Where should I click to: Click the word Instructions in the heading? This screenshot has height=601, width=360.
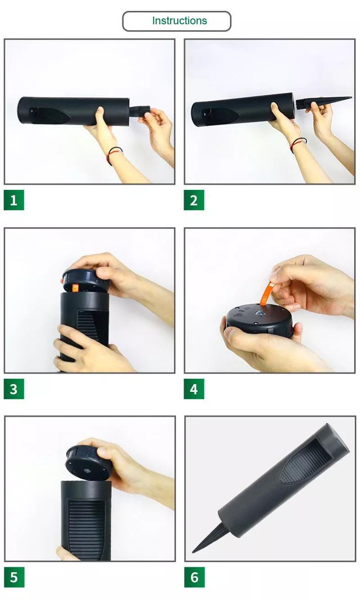179,21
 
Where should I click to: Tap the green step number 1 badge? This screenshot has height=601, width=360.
13,200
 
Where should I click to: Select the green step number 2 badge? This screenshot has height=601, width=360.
193,200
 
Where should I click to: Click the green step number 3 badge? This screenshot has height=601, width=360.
13,389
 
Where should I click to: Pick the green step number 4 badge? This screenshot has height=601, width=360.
193,389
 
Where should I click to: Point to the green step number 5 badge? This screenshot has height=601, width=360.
13,577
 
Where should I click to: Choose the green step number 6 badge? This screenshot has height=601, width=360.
194,577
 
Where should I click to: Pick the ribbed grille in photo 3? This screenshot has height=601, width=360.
92,324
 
